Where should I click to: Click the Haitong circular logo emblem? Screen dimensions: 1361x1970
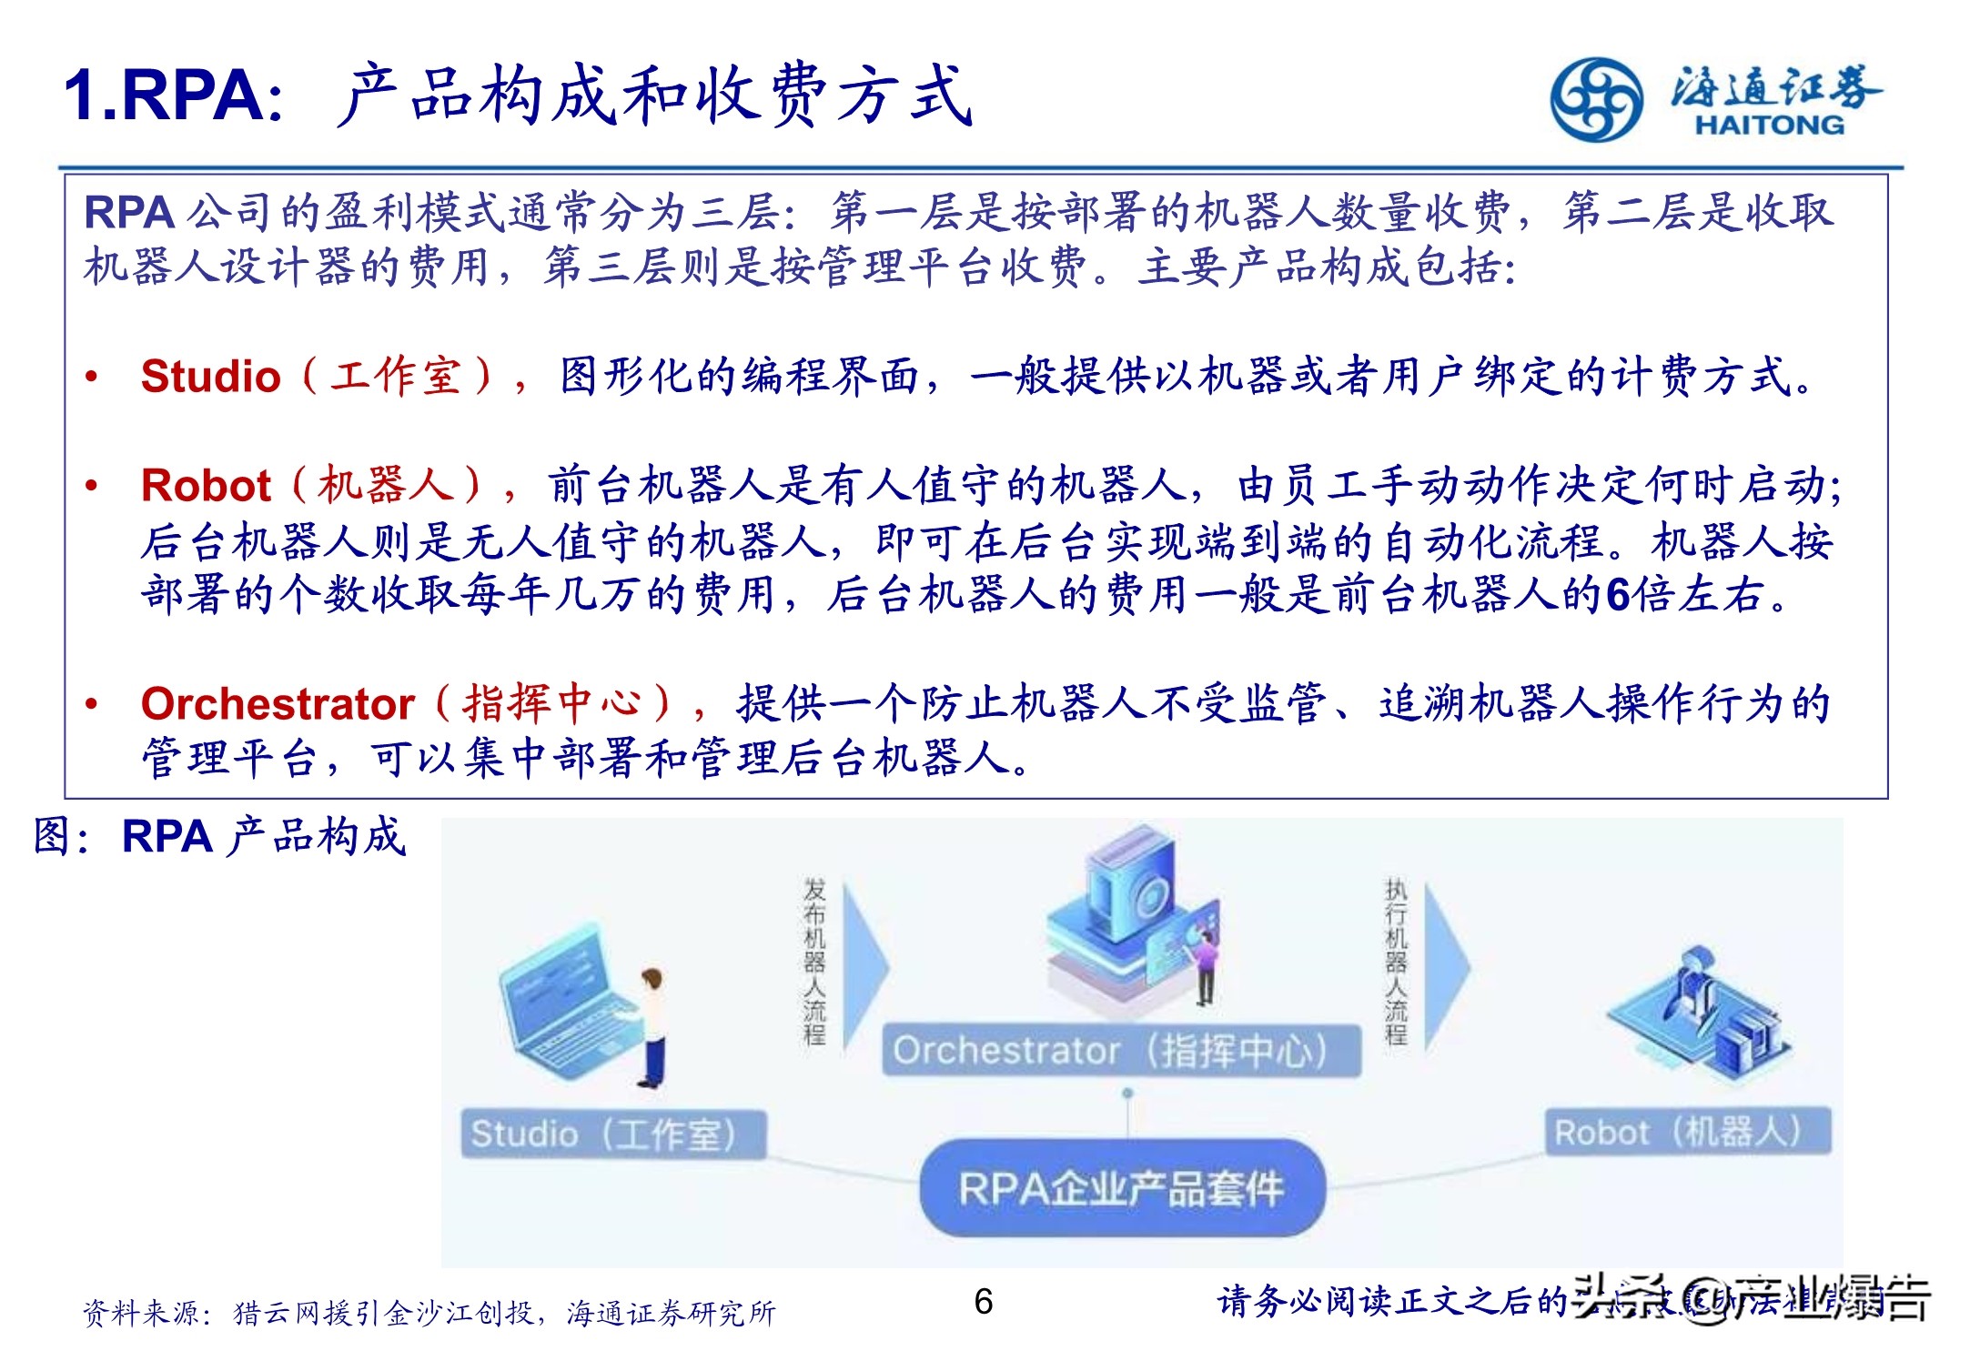pyautogui.click(x=1596, y=100)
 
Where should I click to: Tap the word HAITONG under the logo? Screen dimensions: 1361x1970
pyautogui.click(x=1769, y=125)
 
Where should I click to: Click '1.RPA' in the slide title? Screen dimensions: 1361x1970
pyautogui.click(x=173, y=96)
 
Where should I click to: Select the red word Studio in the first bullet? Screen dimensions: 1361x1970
pyautogui.click(x=210, y=377)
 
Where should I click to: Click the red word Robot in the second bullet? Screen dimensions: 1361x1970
pyautogui.click(x=206, y=486)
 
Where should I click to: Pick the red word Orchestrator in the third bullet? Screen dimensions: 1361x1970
pyautogui.click(x=278, y=704)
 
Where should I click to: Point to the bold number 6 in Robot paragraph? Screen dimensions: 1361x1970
pyautogui.click(x=1618, y=596)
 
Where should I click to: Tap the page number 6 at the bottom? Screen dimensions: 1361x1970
pyautogui.click(x=983, y=1302)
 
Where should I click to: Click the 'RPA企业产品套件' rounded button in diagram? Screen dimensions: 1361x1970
pyautogui.click(x=1121, y=1187)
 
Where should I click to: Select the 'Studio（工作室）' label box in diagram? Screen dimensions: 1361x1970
pyautogui.click(x=612, y=1134)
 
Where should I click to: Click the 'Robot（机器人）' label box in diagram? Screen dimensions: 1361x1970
pyautogui.click(x=1686, y=1132)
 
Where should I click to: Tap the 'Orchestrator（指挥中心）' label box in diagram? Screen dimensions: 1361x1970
pyautogui.click(x=1120, y=1051)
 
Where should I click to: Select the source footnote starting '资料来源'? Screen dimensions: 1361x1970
pyautogui.click(x=428, y=1313)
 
